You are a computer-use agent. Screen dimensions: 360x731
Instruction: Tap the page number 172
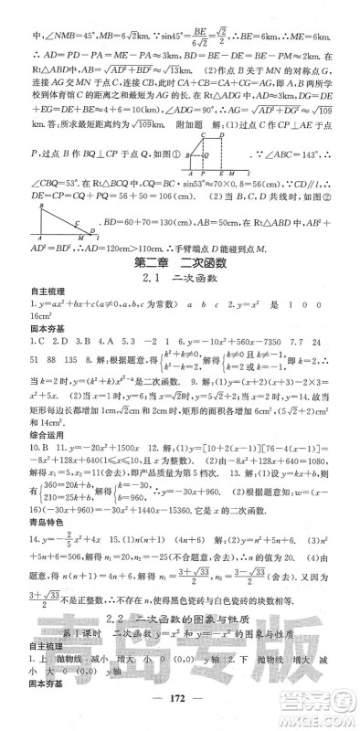point(179,715)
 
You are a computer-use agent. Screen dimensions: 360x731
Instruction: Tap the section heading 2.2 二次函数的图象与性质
point(179,645)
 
